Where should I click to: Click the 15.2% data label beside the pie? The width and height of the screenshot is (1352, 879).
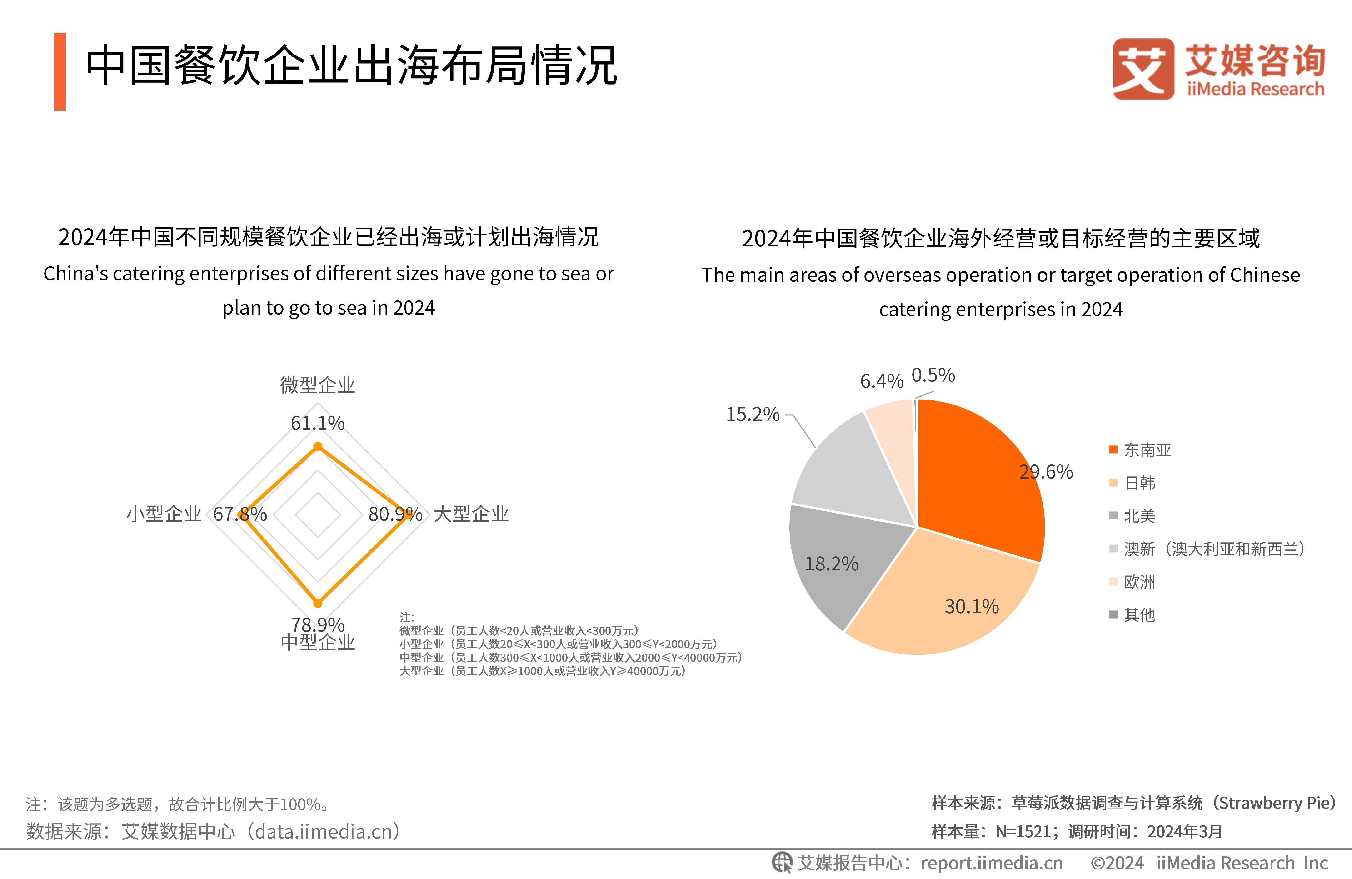(753, 414)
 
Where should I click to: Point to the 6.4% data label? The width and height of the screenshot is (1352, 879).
(881, 381)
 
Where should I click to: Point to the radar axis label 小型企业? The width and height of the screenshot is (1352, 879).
(164, 514)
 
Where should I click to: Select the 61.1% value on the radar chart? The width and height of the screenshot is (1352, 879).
(318, 423)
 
